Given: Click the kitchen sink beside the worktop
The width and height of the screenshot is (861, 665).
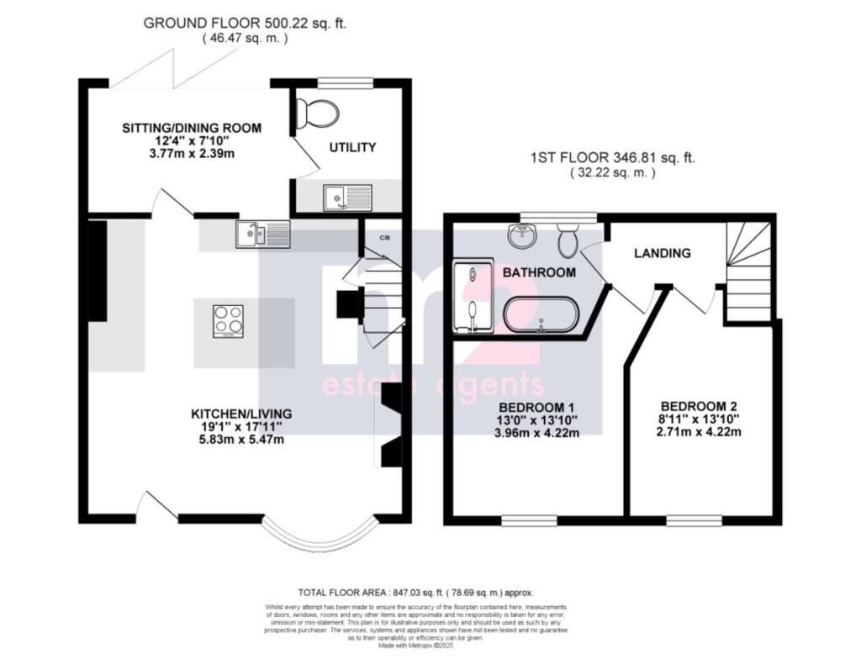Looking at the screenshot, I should coord(263,234).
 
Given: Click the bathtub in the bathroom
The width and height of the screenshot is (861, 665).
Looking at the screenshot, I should coord(541,314).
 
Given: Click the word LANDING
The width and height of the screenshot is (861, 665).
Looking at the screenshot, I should coord(663,253).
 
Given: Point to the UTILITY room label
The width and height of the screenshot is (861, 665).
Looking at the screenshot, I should coord(352,148).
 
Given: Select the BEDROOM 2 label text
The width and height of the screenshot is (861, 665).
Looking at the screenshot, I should coord(700,404).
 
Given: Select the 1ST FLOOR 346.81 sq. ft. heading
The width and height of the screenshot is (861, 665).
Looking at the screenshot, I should coord(613,158).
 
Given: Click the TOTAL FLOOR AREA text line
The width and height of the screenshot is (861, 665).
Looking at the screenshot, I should coord(415,593).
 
